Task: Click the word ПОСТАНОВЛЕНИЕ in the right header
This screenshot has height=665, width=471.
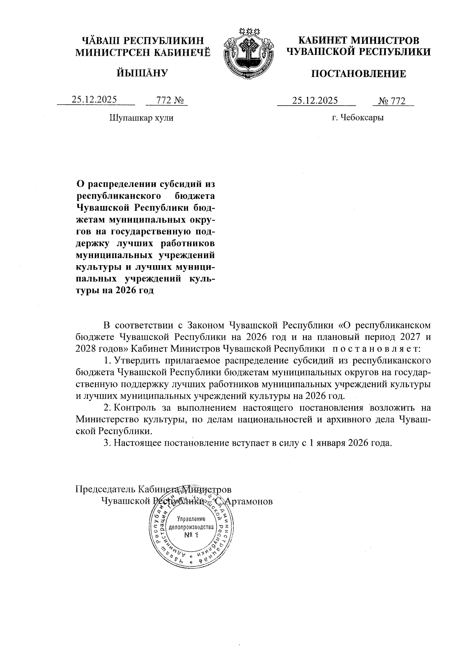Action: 358,74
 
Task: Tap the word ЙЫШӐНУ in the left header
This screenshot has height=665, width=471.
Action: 142,73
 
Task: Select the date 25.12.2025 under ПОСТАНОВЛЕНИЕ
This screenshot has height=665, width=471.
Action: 315,101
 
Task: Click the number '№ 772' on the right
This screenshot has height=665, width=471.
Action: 391,101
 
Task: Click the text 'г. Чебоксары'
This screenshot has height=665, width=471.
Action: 357,118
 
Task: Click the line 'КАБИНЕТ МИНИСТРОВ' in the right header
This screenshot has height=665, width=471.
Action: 358,41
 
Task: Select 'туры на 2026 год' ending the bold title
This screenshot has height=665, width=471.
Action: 114,291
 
